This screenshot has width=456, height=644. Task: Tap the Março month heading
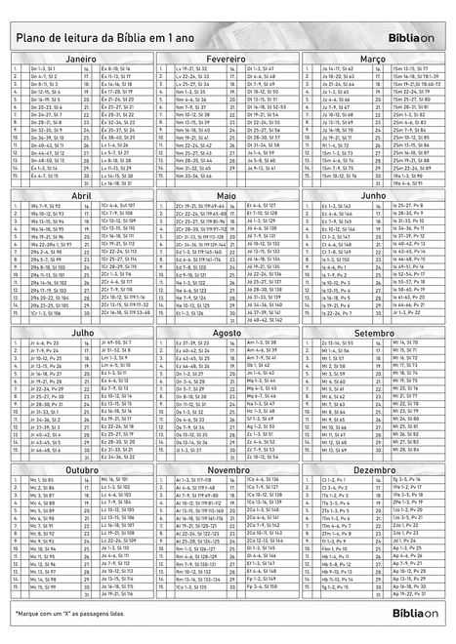tap(372, 59)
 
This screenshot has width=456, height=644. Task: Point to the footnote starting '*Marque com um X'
tap(84, 611)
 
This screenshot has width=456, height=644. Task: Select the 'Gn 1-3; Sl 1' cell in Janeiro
tap(43, 70)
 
